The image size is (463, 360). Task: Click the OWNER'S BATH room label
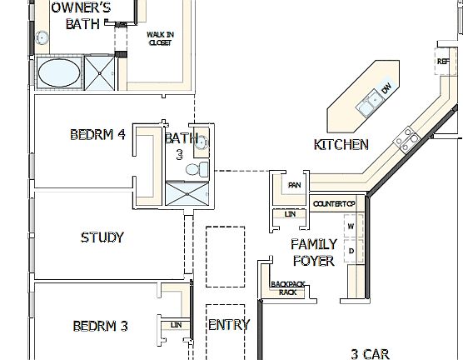pos(82,16)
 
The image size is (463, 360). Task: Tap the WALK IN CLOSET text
pos(159,38)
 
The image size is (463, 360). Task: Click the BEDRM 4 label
pos(97,134)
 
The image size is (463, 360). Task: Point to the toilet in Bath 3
pos(193,170)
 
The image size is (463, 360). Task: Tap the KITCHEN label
pos(341,145)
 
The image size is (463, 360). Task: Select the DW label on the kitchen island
pos(386,89)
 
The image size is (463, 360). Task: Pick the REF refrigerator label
pos(443,62)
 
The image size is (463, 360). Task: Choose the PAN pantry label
pos(293,185)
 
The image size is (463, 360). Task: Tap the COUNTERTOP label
pos(334,204)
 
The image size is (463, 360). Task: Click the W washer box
pos(351,226)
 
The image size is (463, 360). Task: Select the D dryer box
pos(351,250)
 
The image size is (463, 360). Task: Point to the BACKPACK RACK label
pos(287,287)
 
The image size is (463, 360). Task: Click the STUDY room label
pos(102,237)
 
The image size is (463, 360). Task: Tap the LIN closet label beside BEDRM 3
pos(176,325)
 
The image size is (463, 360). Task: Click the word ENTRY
pos(227,325)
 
